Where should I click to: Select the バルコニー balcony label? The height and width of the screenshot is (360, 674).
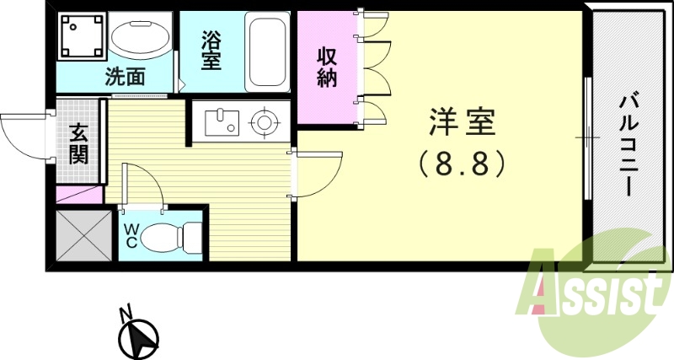point(627,144)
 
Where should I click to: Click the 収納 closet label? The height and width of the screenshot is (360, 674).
point(327,67)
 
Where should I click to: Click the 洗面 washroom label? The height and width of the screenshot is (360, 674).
point(125,76)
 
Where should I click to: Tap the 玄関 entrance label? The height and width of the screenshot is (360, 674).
point(79,143)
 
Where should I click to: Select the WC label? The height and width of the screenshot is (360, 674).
point(131,234)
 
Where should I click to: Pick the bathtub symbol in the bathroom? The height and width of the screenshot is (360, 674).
point(268,51)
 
